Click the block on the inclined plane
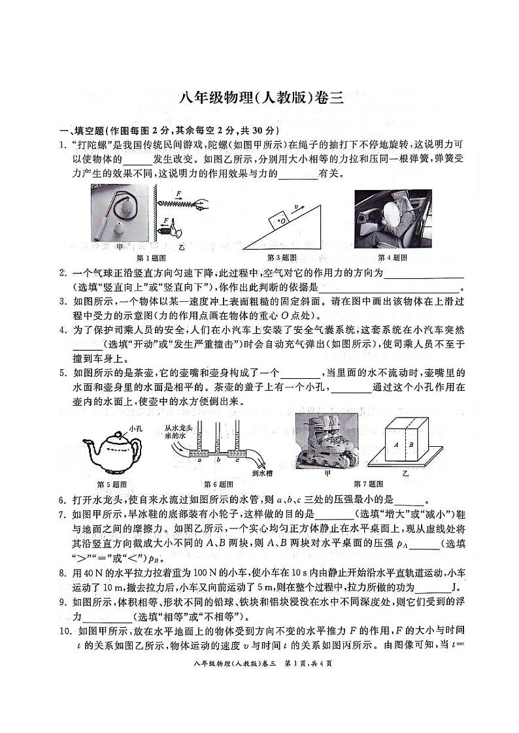tap(281, 219)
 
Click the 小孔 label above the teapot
tap(135, 429)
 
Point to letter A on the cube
tap(396, 442)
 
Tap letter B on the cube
tap(410, 442)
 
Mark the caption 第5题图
tap(111, 483)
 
